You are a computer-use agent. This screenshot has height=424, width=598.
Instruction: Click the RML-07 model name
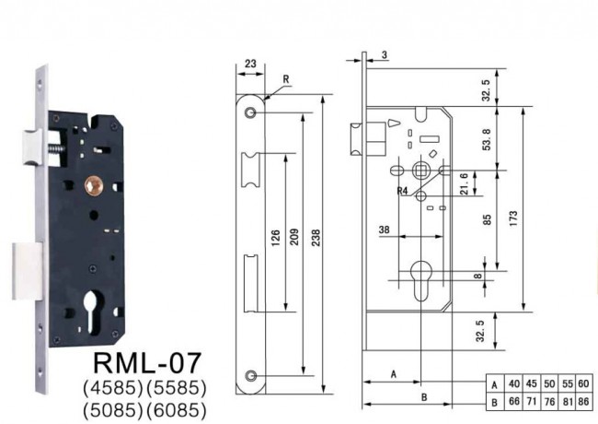147,363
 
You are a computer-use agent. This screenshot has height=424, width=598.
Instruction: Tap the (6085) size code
177,410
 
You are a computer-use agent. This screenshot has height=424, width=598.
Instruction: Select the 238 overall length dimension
316,238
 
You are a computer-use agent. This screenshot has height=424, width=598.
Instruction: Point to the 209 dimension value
294,237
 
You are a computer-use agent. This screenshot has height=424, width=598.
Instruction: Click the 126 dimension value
276,238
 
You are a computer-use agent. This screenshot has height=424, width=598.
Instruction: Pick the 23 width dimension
250,64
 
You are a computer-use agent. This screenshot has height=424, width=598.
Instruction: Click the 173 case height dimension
513,218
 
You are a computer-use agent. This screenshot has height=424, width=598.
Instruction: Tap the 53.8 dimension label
487,140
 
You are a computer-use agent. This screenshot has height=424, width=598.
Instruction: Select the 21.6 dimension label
464,184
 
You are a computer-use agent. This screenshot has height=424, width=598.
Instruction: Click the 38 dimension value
384,230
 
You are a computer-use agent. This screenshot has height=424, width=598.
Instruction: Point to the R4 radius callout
402,191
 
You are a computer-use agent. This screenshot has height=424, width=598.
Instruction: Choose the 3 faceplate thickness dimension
385,54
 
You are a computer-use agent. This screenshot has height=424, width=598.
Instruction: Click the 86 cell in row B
584,402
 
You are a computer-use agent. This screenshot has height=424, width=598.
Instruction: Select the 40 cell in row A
514,383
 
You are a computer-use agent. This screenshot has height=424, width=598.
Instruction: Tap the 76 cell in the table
549,402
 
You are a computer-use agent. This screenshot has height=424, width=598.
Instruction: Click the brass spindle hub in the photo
94,185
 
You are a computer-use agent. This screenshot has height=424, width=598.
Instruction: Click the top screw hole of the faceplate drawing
250,112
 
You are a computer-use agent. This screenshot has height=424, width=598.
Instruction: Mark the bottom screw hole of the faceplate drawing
250,376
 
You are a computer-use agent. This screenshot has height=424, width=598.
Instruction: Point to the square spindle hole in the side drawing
421,170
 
